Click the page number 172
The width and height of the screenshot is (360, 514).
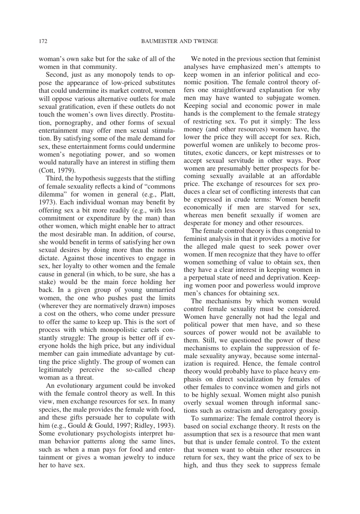[43, 41]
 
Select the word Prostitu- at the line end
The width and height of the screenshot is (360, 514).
[163, 114]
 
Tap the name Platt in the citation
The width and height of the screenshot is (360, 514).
[166, 194]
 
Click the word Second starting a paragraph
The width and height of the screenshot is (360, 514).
[56, 75]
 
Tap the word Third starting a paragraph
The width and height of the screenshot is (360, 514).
[53, 178]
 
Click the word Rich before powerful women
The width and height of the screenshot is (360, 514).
[313, 137]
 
